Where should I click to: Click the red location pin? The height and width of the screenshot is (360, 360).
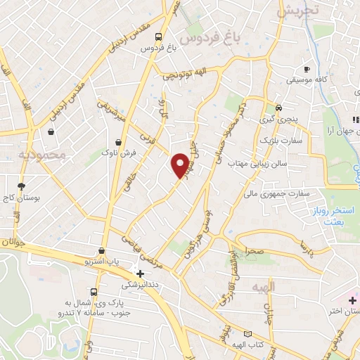(181, 165)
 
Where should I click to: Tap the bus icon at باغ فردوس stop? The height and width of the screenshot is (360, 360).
(160, 37)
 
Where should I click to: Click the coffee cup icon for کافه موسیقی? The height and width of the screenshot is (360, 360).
(307, 69)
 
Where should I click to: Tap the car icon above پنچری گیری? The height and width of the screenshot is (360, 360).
(279, 108)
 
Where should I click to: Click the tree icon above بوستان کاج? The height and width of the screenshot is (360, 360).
(22, 186)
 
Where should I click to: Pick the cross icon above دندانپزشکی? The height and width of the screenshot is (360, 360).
(141, 274)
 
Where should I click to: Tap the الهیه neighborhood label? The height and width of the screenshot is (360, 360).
(266, 287)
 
